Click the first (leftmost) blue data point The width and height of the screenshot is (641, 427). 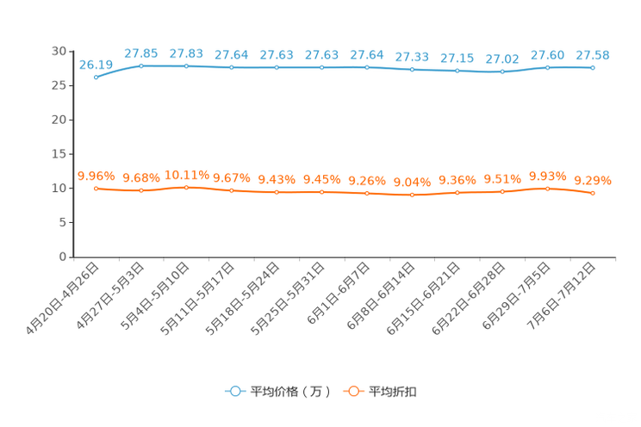click(x=96, y=77)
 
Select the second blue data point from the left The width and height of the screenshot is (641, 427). click(x=141, y=65)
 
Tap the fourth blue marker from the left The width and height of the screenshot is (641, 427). click(x=232, y=67)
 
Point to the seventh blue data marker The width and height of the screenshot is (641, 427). click(x=367, y=67)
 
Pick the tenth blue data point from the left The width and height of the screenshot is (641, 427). click(x=502, y=71)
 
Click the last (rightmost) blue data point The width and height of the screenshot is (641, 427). click(x=593, y=67)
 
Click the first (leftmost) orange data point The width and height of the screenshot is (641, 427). click(x=96, y=188)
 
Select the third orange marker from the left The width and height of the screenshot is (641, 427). click(x=186, y=186)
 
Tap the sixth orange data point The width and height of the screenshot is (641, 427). click(x=322, y=192)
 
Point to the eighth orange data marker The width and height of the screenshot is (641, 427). click(x=413, y=195)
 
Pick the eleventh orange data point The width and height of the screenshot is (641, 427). click(x=548, y=188)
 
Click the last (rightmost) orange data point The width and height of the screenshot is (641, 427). click(x=593, y=193)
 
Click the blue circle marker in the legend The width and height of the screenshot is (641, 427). click(x=234, y=391)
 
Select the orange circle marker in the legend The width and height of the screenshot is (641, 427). click(x=352, y=391)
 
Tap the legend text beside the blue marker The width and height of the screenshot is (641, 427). click(x=289, y=391)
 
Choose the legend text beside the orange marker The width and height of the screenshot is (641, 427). click(x=393, y=391)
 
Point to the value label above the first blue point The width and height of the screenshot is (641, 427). click(x=96, y=64)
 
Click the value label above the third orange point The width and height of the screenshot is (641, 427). click(x=186, y=173)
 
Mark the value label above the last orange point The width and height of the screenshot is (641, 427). click(x=593, y=180)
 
